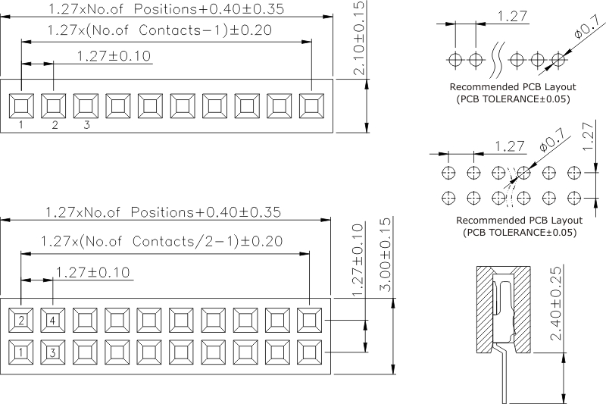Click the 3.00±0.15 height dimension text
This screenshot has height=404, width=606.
tap(384, 258)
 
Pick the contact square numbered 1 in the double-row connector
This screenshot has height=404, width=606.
tap(21, 352)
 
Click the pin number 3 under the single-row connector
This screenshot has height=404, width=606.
tap(86, 126)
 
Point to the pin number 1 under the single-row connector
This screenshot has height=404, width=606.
tap(21, 126)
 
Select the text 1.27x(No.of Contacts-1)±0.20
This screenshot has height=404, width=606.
tap(158, 31)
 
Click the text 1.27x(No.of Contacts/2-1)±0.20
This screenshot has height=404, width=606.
tap(163, 242)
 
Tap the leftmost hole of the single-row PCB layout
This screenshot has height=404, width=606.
tap(455, 59)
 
